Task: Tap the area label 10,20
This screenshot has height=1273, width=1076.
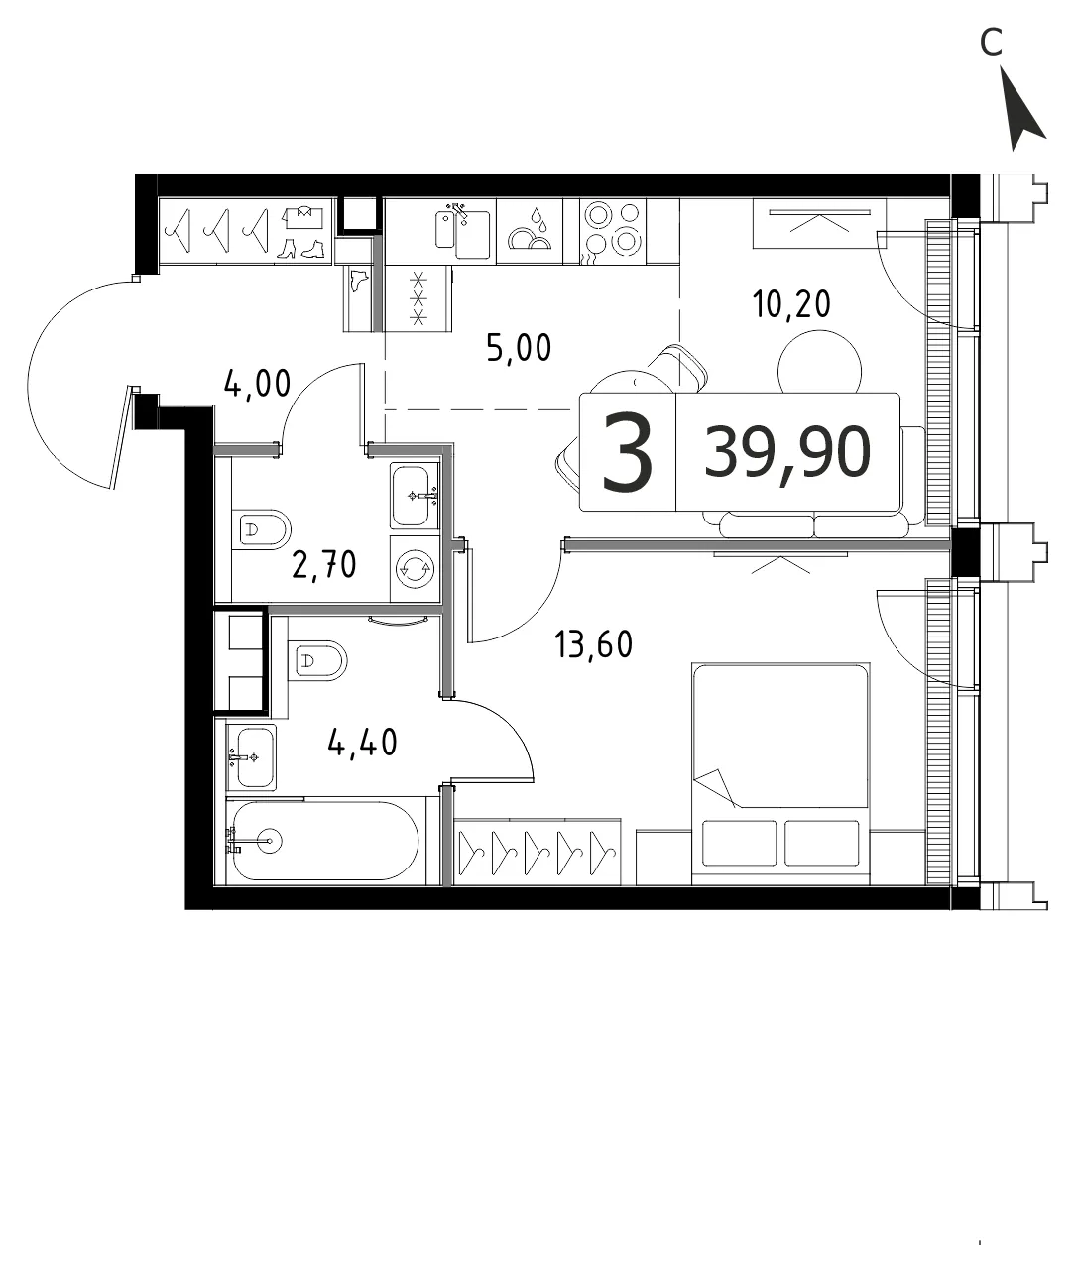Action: (x=791, y=304)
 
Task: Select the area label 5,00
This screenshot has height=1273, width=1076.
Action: (x=519, y=348)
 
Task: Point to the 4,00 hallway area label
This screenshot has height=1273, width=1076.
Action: (x=258, y=384)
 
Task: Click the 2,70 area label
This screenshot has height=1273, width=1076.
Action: (x=324, y=564)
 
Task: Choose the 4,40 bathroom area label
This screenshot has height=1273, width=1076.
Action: (x=362, y=742)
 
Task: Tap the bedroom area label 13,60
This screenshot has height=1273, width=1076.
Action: (x=593, y=644)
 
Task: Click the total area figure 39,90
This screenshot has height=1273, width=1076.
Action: (x=787, y=452)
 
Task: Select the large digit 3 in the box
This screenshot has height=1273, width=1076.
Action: (x=628, y=451)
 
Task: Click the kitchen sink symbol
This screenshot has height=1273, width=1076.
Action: (x=462, y=230)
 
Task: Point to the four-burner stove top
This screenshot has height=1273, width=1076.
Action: (x=613, y=231)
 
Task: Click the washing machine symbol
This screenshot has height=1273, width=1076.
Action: (x=415, y=568)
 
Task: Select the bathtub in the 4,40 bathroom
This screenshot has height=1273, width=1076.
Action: (x=325, y=841)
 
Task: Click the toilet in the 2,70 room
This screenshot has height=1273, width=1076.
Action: (x=261, y=529)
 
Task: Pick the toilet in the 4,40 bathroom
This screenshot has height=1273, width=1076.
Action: (x=317, y=660)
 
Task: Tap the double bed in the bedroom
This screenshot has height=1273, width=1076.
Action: (x=780, y=773)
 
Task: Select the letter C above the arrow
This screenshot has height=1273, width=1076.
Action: (x=992, y=43)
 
